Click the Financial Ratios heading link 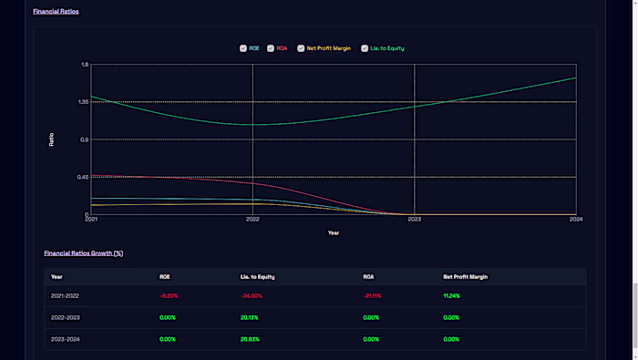coord(56,12)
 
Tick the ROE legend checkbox coord(242,48)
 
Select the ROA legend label coord(282,48)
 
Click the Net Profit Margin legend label coord(329,48)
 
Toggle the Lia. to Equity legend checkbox coord(365,48)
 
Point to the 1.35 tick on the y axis coord(84,102)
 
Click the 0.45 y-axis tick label coord(84,177)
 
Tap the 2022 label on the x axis coord(252,220)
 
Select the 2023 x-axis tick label coord(415,220)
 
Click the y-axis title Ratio coord(51,139)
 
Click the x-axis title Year coord(334,232)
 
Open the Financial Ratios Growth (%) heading coord(83,252)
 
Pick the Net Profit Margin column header coord(465,276)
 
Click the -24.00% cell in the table coord(251,295)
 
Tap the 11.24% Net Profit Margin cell coord(452,295)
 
